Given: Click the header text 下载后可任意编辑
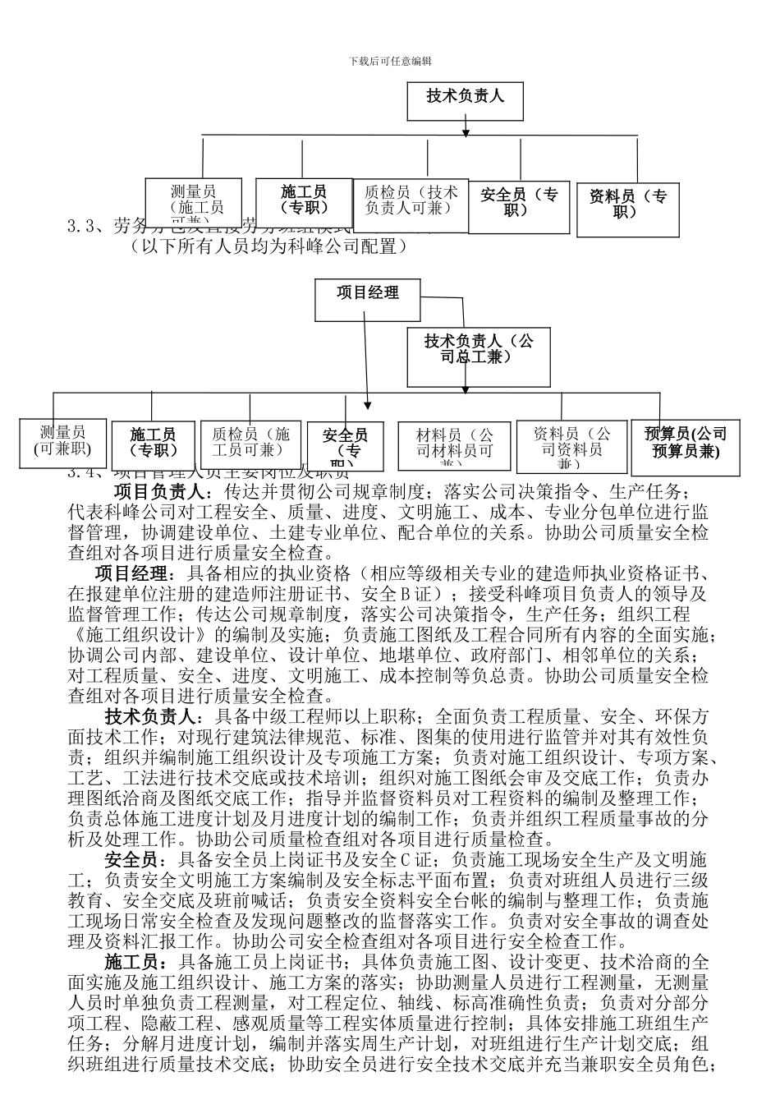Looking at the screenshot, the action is pos(390,61).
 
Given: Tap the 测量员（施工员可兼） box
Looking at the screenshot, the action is pos(194,202).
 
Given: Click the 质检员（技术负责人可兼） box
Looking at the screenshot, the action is pos(411,200).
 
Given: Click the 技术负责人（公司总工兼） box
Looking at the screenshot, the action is pos(478,356).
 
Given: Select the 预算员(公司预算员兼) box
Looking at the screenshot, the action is pos(686,444).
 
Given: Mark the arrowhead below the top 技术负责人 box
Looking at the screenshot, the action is pos(466,131).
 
